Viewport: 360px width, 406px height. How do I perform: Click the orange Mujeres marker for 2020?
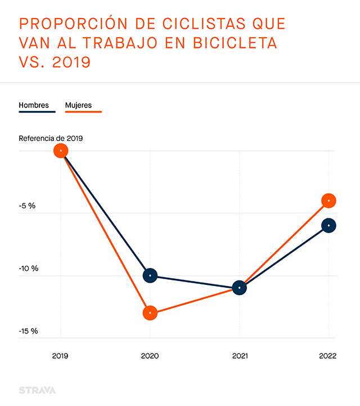[150, 313]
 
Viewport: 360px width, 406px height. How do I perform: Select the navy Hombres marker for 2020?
[150, 276]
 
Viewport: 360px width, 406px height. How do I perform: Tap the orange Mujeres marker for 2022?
[329, 200]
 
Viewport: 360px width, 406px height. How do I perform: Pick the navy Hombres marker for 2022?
[329, 225]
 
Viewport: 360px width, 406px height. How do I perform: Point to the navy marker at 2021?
[240, 288]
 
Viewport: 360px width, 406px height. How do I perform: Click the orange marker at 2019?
[61, 151]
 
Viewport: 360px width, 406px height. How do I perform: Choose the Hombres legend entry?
[34, 105]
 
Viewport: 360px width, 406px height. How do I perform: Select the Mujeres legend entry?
[78, 105]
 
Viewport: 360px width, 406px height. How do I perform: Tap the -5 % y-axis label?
[27, 206]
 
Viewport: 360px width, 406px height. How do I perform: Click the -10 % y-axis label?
[28, 268]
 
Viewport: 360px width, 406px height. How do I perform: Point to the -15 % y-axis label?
[28, 331]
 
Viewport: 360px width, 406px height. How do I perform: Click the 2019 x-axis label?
[61, 356]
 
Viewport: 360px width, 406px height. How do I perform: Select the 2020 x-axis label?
[150, 356]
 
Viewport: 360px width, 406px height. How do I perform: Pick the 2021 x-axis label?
[240, 356]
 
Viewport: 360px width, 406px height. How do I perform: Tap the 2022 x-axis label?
[328, 356]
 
